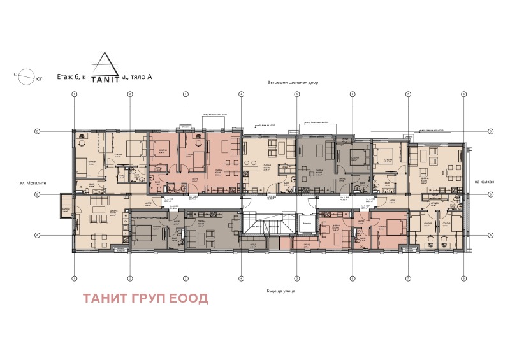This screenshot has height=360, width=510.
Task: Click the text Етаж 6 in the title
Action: pos(68,77)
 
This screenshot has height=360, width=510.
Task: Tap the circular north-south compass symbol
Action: pos(26,76)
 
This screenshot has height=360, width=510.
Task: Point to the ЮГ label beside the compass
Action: pos(39,80)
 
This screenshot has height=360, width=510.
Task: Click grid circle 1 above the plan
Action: pos(74,94)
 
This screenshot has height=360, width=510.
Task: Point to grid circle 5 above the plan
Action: pos(296,94)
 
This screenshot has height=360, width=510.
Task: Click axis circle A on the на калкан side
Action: pos(490,234)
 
